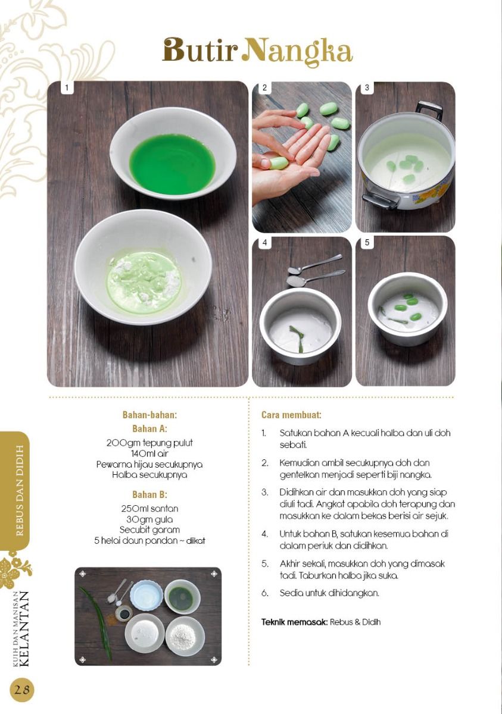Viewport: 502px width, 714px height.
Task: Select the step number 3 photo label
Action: [x=367, y=87]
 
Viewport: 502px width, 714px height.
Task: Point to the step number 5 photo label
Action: [x=367, y=242]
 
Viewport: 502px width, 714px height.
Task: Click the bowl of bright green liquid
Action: [x=173, y=154]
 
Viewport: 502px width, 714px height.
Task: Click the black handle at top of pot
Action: [x=429, y=110]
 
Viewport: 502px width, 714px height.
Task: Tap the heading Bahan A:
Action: [x=149, y=429]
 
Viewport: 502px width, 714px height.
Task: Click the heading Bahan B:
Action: [x=149, y=494]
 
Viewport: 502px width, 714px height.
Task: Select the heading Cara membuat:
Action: [x=291, y=415]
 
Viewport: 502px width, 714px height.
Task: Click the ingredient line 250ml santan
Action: [x=149, y=508]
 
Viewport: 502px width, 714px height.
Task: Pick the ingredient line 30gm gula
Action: [x=149, y=519]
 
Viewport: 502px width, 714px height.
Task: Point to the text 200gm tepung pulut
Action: [x=149, y=443]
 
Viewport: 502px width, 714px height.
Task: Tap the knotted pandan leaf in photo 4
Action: [x=297, y=339]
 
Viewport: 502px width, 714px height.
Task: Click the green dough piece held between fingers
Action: [x=278, y=162]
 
